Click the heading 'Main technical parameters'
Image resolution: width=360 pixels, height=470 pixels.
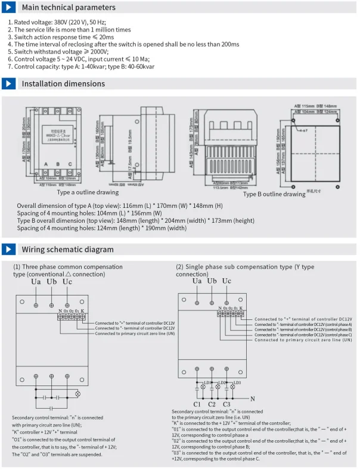point(69,8)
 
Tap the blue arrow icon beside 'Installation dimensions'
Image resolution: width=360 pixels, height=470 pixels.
point(8,84)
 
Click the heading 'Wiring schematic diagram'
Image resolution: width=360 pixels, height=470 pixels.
point(67,250)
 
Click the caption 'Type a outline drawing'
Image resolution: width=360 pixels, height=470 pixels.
point(88,192)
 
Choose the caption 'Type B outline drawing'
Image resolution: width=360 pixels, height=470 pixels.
point(274,194)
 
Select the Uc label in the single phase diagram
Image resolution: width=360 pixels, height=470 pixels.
point(226,281)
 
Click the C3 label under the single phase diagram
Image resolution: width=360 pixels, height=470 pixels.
point(226,404)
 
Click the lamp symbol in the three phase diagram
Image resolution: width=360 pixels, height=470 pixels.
point(76,394)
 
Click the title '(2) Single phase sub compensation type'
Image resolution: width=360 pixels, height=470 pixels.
point(244,267)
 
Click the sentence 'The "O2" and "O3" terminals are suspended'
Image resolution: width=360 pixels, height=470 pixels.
point(57,455)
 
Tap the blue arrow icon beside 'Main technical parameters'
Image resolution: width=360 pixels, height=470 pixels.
point(8,8)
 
